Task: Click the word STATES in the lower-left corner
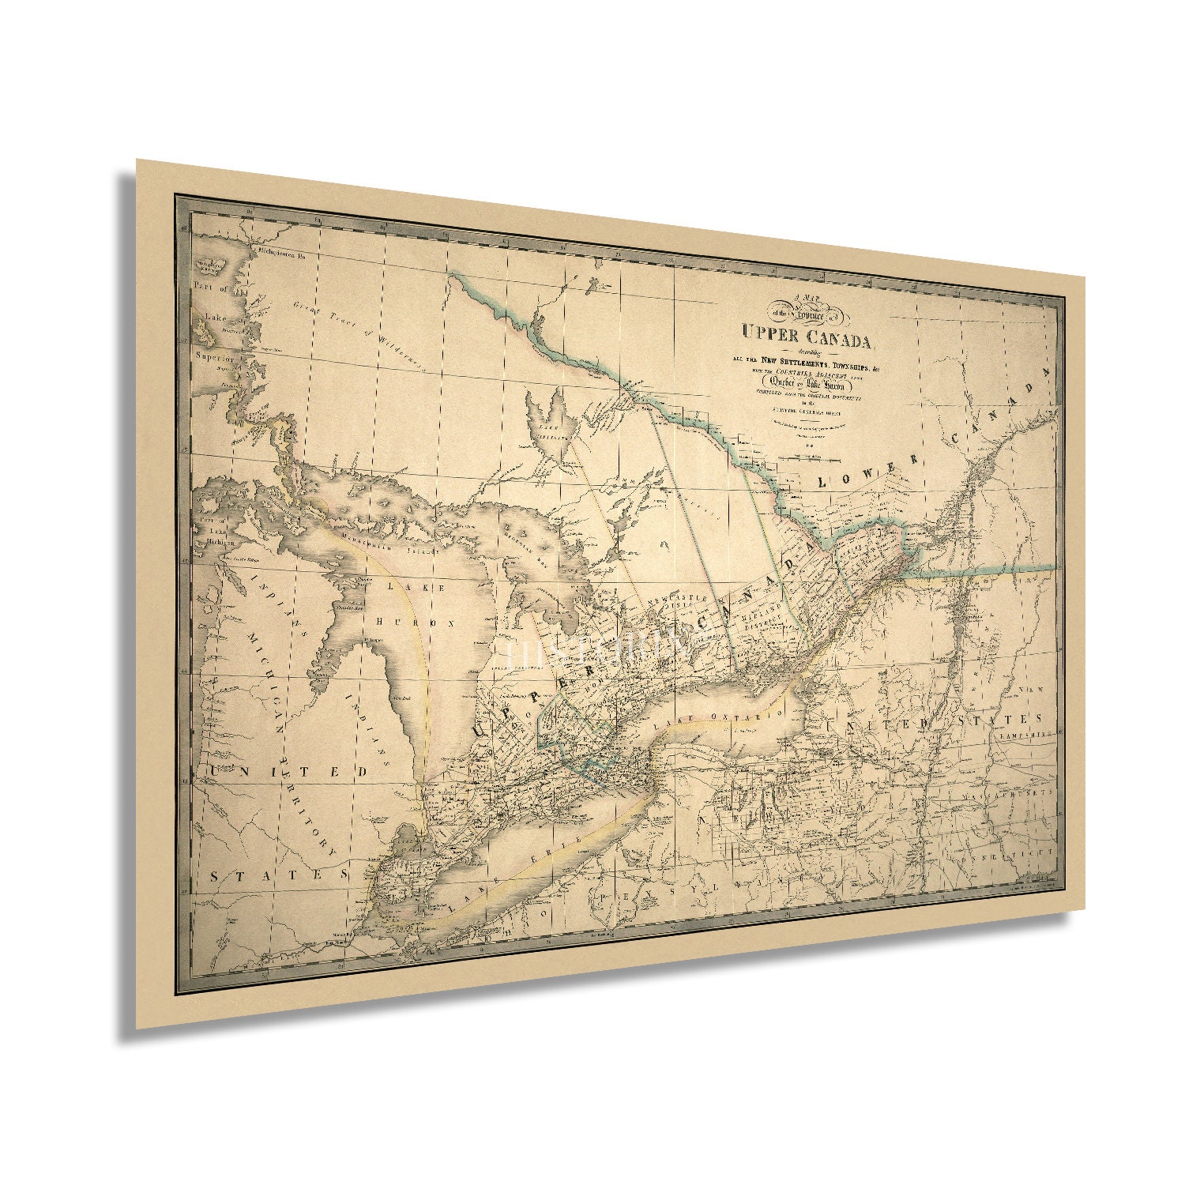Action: click(x=280, y=875)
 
